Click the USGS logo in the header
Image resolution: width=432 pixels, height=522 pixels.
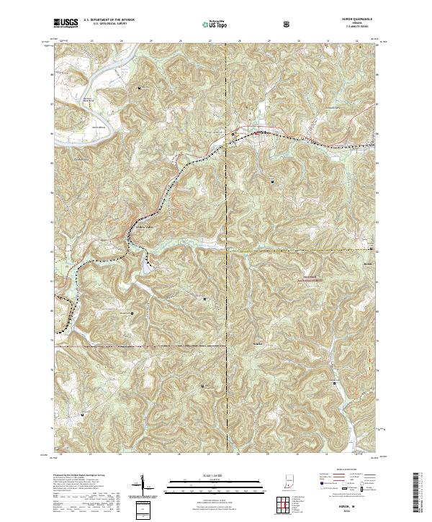point(66,24)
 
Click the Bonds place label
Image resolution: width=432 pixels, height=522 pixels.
point(369,264)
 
